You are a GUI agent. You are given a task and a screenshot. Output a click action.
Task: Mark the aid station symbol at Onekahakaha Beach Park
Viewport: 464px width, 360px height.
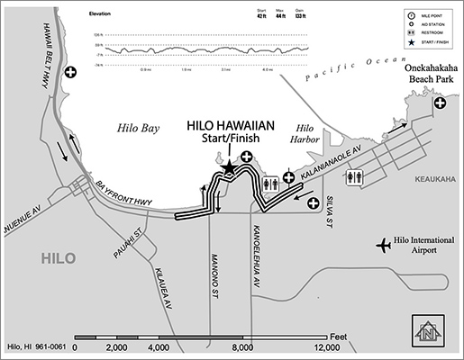coord(441,104)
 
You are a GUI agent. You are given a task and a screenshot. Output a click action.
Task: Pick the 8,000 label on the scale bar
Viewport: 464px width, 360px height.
coord(241,346)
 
